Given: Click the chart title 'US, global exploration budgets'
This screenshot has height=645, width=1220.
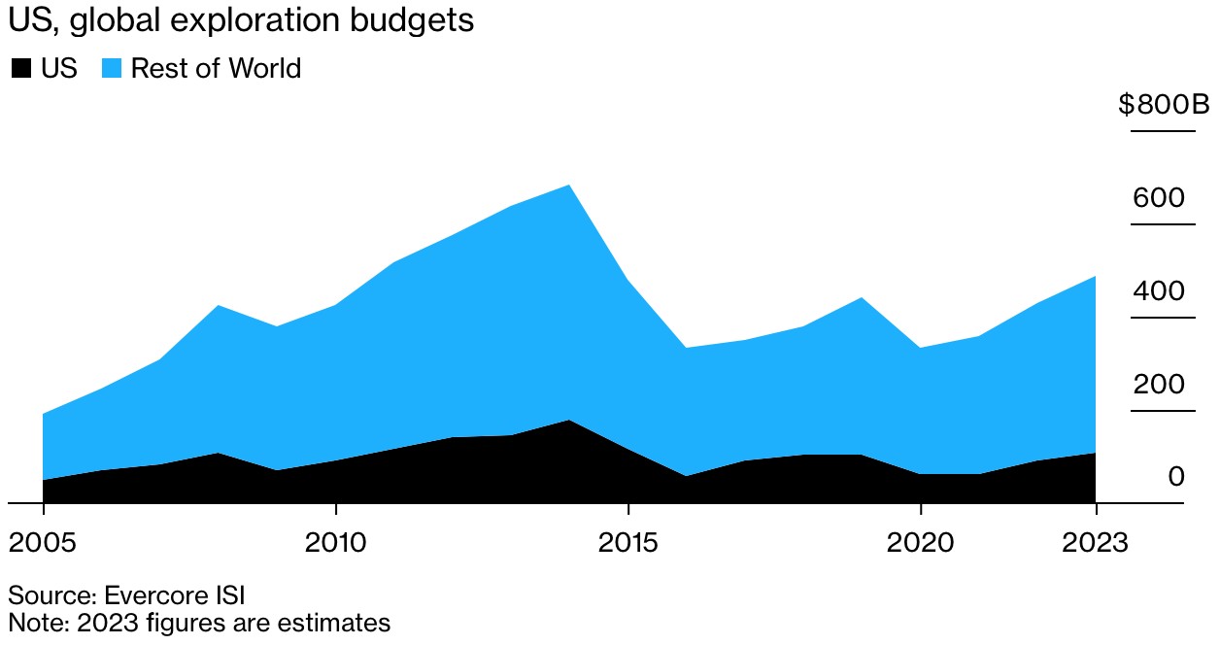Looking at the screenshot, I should click(x=241, y=20).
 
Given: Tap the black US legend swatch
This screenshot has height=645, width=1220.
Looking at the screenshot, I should click(x=20, y=69).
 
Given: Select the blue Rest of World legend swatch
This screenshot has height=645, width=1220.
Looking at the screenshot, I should click(x=112, y=69).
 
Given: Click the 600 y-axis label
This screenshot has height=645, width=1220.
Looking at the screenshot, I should click(x=1159, y=198).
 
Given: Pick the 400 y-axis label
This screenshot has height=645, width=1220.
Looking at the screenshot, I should click(x=1159, y=291).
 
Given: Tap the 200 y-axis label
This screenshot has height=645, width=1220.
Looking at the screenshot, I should click(x=1159, y=385).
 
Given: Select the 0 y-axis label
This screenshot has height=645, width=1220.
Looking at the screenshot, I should click(x=1176, y=477).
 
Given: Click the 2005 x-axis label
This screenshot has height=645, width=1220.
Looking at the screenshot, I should click(x=43, y=542).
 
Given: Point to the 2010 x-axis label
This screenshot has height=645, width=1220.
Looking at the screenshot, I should click(x=335, y=542).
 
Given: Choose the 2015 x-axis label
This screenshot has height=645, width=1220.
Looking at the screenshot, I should click(x=627, y=542).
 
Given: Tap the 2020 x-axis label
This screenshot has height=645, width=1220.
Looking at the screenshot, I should click(x=920, y=542).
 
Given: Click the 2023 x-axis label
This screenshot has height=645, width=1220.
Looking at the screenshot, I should click(x=1096, y=542).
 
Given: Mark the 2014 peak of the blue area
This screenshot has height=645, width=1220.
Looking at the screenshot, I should click(x=569, y=186).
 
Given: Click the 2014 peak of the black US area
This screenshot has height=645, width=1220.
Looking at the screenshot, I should click(x=569, y=421).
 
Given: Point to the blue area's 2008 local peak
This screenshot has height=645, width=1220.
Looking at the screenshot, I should click(x=219, y=306).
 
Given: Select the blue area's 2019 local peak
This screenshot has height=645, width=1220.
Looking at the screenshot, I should click(x=862, y=298).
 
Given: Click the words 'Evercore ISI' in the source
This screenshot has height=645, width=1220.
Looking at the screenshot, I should click(x=188, y=594).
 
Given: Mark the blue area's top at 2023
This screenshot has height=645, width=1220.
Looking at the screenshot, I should click(x=1095, y=277).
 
